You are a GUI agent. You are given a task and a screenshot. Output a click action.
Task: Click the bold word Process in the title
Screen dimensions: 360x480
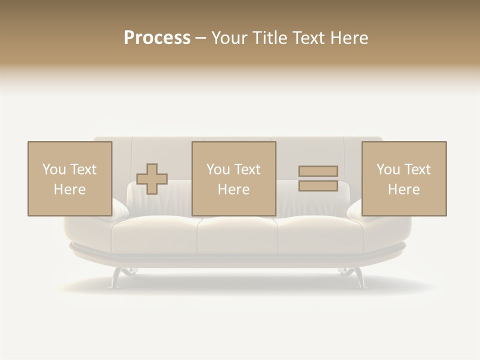(157, 38)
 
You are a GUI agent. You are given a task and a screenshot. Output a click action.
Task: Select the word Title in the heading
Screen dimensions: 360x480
(268, 38)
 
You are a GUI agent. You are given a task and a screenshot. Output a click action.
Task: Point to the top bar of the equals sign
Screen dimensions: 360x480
(318, 171)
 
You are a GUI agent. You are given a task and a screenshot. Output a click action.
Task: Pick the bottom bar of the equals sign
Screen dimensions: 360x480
(318, 185)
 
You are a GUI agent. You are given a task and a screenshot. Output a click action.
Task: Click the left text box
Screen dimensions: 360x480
(69, 178)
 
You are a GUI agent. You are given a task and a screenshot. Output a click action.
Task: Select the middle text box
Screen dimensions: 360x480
(233, 178)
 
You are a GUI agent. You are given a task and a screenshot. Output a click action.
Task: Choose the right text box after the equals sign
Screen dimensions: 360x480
(403, 178)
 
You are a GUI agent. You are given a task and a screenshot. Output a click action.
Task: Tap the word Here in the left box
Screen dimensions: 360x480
(69, 189)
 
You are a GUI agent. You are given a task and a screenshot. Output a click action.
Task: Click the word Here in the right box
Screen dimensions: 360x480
(403, 189)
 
